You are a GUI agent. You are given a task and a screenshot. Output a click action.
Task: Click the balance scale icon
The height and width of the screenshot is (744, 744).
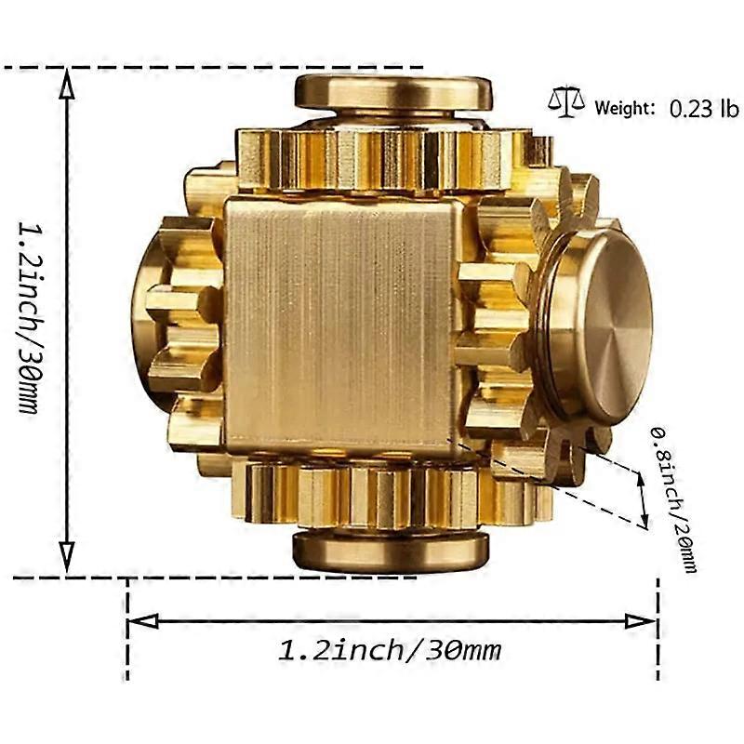[x=566, y=102]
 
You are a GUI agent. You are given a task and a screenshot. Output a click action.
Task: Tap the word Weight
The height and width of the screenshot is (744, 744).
[x=624, y=108]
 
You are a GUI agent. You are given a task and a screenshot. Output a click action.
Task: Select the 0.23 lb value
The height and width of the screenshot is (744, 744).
[x=704, y=109]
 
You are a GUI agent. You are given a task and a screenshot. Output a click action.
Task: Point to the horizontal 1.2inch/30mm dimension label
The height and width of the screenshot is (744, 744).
[x=389, y=650]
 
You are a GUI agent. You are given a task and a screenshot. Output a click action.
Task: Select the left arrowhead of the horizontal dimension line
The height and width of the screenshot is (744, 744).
[x=143, y=620]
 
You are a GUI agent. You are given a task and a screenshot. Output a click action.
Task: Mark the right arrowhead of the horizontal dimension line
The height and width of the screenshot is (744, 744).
[x=641, y=620]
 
